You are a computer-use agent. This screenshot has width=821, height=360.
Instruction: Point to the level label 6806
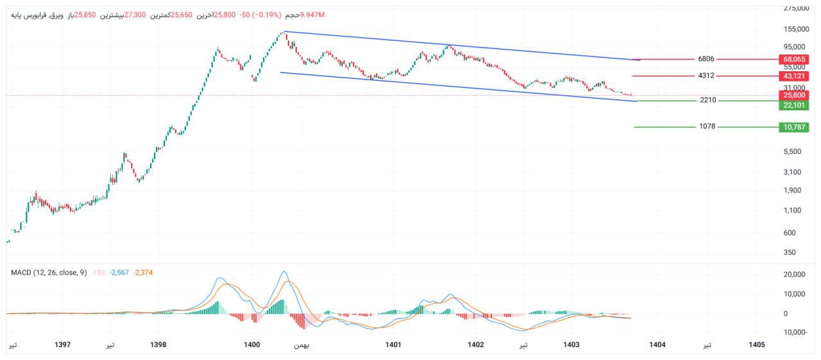pyautogui.click(x=706, y=59)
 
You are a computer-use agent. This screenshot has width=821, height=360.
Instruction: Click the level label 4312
pyautogui.click(x=706, y=76)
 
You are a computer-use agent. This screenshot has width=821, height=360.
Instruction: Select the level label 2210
pyautogui.click(x=708, y=100)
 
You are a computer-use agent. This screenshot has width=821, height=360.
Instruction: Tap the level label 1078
pyautogui.click(x=707, y=127)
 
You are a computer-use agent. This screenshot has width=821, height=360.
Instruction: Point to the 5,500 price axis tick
pyautogui.click(x=793, y=151)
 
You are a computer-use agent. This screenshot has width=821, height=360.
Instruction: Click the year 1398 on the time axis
pyautogui.click(x=158, y=345)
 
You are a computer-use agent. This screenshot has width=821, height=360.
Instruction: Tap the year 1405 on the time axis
pyautogui.click(x=757, y=345)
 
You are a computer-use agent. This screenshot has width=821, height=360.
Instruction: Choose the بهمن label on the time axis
pyautogui.click(x=301, y=345)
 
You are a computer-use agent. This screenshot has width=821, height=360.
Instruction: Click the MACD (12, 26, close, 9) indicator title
pyautogui.click(x=49, y=273)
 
